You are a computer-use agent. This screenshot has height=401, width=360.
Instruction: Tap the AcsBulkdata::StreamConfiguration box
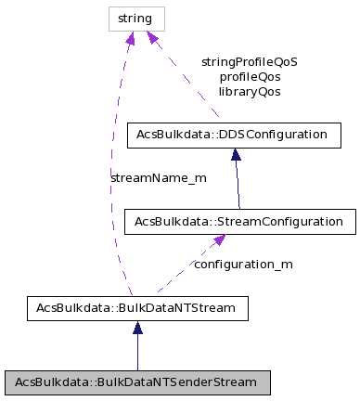(x=239, y=222)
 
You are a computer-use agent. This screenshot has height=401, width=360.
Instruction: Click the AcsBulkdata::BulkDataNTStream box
(x=136, y=307)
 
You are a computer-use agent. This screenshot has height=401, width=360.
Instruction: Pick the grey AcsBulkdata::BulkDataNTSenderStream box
(x=136, y=382)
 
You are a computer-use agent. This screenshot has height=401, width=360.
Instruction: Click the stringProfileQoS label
(x=249, y=62)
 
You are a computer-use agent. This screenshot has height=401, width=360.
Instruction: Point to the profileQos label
(x=249, y=77)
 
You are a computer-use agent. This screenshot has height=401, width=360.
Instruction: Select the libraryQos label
(x=249, y=92)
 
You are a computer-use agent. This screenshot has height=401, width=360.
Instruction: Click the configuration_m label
(x=243, y=264)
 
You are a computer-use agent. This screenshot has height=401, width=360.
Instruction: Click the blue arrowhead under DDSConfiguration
(x=236, y=155)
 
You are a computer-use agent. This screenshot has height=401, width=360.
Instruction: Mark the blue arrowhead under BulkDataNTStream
(x=137, y=328)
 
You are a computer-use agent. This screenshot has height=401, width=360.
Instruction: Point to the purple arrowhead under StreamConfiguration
(x=219, y=240)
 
